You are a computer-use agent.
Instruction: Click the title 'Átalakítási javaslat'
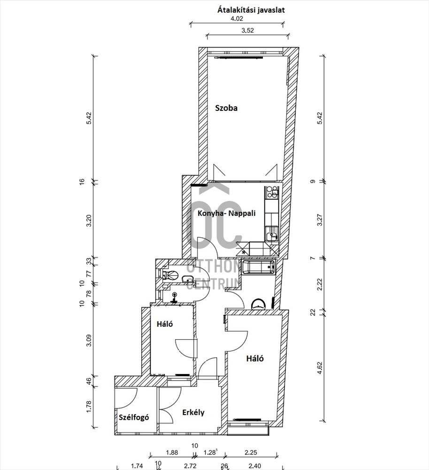pyautogui.click(x=251, y=10)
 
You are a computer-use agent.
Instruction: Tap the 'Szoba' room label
pyautogui.click(x=226, y=108)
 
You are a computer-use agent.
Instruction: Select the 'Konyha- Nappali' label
pyautogui.click(x=227, y=213)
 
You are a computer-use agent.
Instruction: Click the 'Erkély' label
pyautogui.click(x=193, y=413)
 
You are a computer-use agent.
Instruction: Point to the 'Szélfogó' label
pyautogui.click(x=134, y=417)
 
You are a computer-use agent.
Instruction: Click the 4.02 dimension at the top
pyautogui.click(x=237, y=18)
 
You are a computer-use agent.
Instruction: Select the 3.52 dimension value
pyautogui.click(x=247, y=30)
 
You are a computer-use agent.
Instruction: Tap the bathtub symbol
pyautogui.click(x=258, y=267)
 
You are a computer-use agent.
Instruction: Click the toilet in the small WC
pyautogui.click(x=171, y=274)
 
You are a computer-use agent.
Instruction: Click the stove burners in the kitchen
pyautogui.click(x=272, y=192)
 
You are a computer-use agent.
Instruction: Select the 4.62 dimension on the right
pyautogui.click(x=320, y=368)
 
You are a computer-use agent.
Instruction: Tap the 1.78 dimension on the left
pyautogui.click(x=89, y=407)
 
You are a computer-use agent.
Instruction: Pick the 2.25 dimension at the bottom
pyautogui.click(x=251, y=452)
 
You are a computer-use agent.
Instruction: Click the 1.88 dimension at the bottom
pyautogui.click(x=172, y=452)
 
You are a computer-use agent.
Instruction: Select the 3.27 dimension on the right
pyautogui.click(x=320, y=219)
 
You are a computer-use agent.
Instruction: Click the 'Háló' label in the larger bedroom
pyautogui.click(x=255, y=359)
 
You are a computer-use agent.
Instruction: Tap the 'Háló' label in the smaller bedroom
pyautogui.click(x=165, y=324)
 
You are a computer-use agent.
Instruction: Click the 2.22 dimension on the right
pyautogui.click(x=320, y=284)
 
